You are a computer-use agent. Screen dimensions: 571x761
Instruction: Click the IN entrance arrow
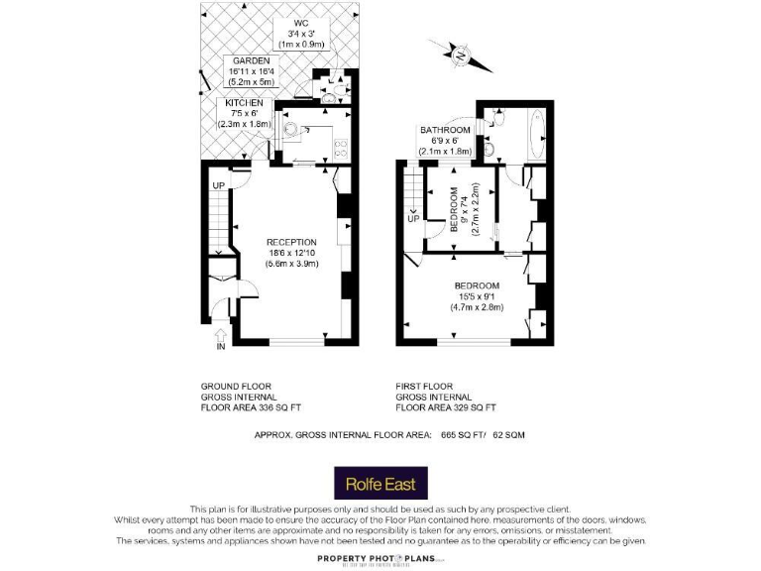(221, 341)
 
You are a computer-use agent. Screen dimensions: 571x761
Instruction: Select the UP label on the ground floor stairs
(218, 185)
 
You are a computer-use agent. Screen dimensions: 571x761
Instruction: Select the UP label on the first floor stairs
(413, 219)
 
